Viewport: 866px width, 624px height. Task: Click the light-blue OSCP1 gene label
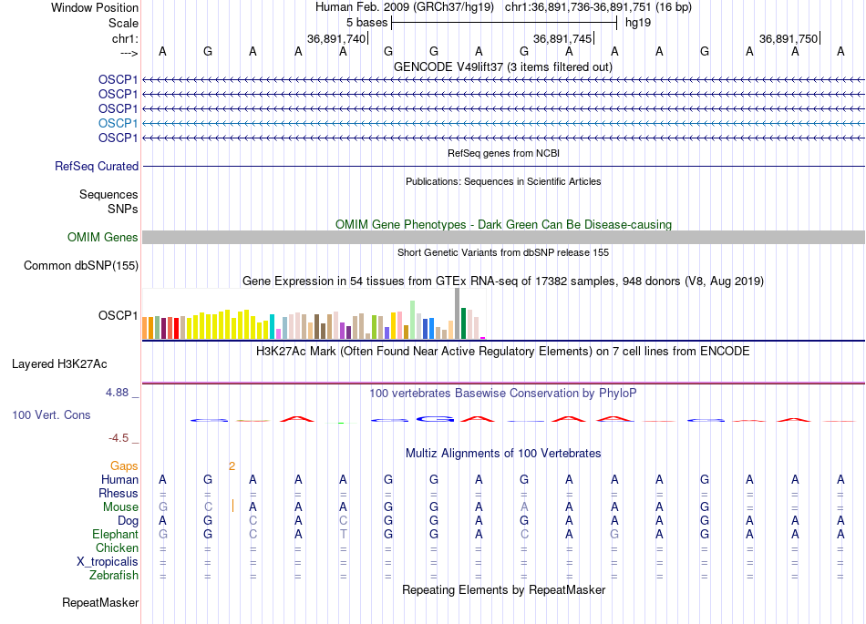pos(119,123)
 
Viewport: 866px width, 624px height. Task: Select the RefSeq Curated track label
pos(97,167)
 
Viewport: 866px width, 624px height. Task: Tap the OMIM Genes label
pos(103,238)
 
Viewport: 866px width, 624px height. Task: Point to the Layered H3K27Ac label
pos(59,364)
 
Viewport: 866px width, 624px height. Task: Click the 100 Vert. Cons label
pos(51,415)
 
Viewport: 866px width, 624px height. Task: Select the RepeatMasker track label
pos(100,603)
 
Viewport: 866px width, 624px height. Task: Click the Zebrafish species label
pos(114,576)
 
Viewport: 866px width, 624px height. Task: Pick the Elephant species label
pos(115,535)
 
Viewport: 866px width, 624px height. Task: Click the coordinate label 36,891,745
pos(562,39)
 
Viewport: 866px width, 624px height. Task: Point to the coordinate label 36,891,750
pos(789,39)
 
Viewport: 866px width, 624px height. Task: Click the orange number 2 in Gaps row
pos(232,466)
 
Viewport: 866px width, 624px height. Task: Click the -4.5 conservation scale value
pos(121,438)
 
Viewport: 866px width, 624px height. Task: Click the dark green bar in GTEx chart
pos(464,324)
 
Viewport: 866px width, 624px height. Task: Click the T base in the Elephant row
pos(344,535)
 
